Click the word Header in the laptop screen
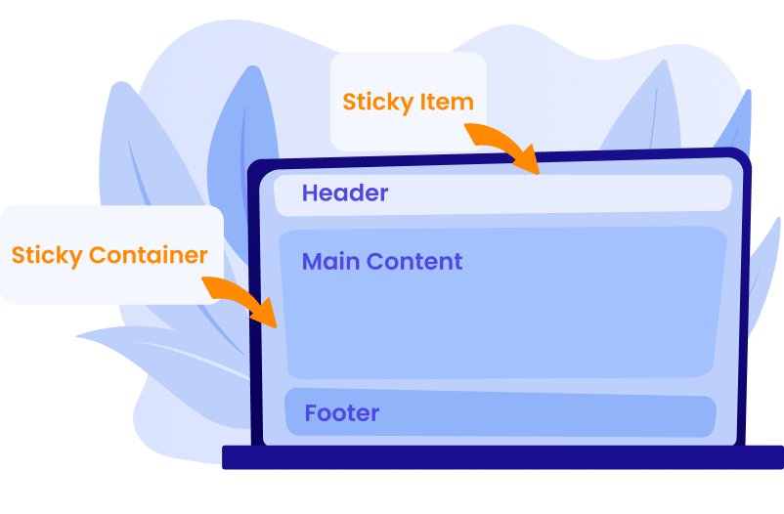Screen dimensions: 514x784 [344, 193]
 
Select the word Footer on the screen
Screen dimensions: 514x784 [341, 413]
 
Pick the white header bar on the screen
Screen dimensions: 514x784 [587, 193]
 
